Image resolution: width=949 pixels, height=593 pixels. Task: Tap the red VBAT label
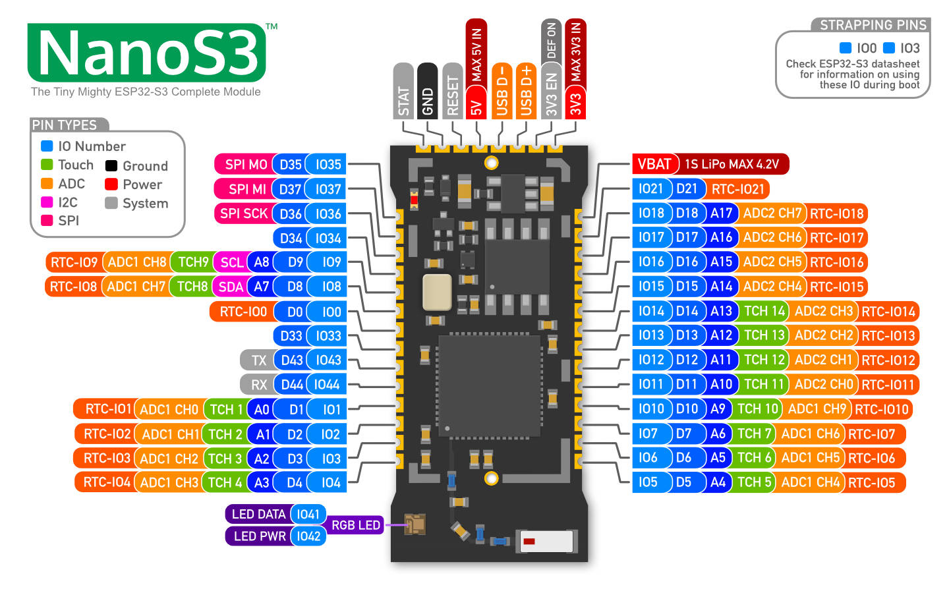(x=654, y=164)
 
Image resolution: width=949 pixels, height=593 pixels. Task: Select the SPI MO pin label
(x=245, y=165)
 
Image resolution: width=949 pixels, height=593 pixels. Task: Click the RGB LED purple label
(x=355, y=525)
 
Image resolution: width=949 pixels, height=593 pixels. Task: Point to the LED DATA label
(x=258, y=514)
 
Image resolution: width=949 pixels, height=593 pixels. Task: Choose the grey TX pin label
(x=258, y=360)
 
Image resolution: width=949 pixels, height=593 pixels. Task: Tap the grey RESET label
(x=452, y=92)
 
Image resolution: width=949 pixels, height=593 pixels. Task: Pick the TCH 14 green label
(x=764, y=311)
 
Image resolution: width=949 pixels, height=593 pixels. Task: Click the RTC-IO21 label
(x=737, y=189)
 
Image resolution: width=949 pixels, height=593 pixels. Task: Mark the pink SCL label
(x=231, y=262)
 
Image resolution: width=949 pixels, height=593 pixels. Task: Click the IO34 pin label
(x=328, y=238)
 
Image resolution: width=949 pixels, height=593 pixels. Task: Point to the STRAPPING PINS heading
(x=872, y=25)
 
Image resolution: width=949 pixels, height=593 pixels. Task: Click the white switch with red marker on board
(x=546, y=542)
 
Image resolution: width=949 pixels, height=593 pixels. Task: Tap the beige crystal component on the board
(x=437, y=292)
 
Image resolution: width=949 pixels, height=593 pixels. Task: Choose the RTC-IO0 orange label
(x=243, y=312)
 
